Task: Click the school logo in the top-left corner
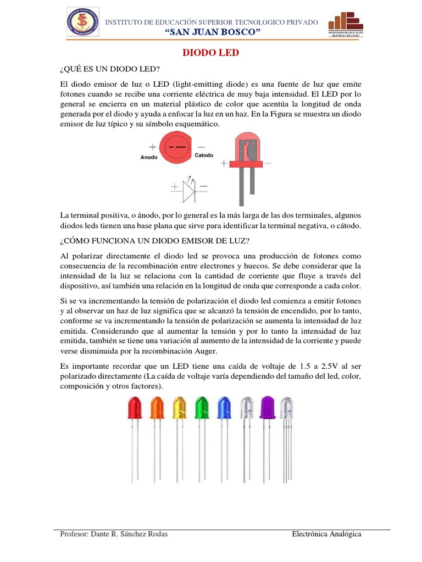click(82, 23)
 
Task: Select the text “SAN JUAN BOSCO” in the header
click(212, 33)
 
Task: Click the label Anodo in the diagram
click(149, 156)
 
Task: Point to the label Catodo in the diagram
click(204, 156)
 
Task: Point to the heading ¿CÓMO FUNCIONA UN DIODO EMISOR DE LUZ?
click(155, 240)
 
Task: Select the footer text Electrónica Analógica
click(326, 534)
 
